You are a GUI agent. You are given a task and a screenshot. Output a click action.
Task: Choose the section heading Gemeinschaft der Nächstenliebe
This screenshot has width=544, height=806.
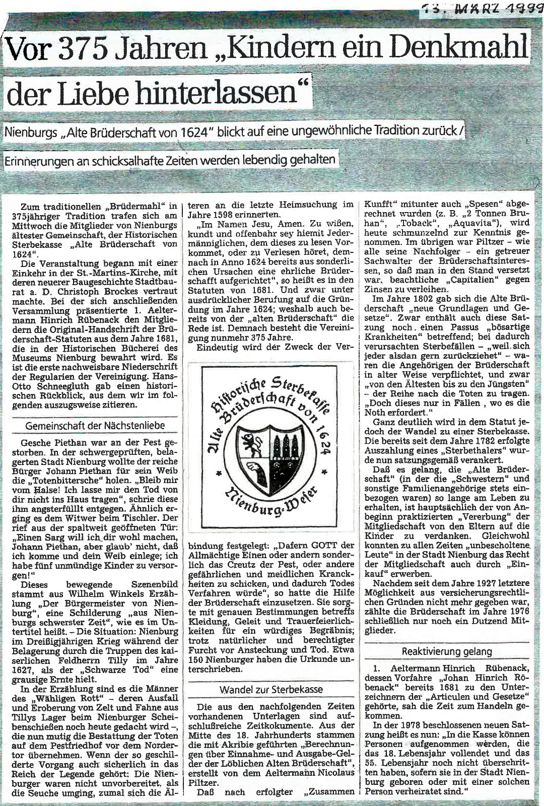(x=95, y=426)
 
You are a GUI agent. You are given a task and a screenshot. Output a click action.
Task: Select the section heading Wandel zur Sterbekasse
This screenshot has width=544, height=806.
(x=271, y=689)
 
